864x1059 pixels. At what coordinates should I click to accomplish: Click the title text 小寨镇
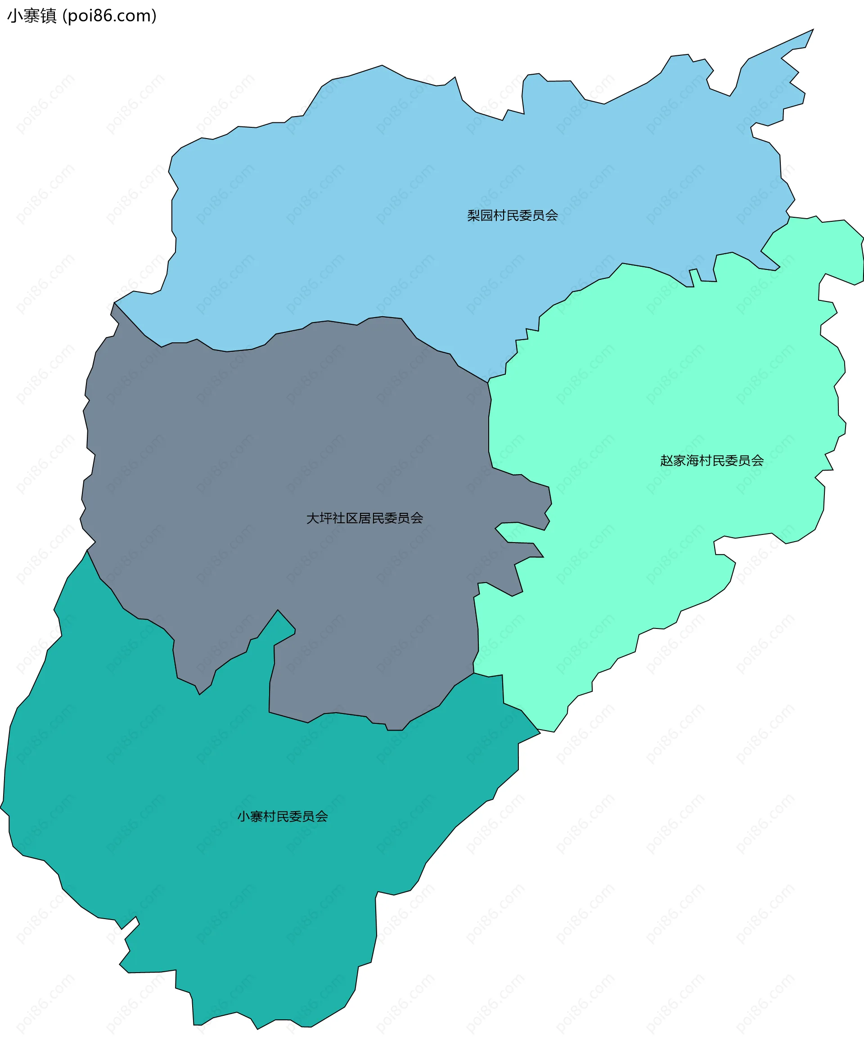pos(32,16)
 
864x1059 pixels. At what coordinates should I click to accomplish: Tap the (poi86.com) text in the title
pos(109,16)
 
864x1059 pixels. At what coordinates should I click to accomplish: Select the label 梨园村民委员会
pos(512,215)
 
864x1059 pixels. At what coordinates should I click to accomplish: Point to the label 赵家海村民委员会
pos(712,461)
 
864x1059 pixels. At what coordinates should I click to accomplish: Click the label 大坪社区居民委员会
pos(364,518)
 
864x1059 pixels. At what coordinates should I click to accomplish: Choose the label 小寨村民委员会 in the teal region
pos(282,816)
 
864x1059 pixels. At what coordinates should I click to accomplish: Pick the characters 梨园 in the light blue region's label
pos(480,215)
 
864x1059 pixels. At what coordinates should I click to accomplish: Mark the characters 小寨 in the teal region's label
pos(250,816)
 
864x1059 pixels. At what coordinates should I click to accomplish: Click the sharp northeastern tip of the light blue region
pos(813,30)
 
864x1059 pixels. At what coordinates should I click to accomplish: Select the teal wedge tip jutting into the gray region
pos(278,610)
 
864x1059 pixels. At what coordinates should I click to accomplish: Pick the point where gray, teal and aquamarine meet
pos(473,673)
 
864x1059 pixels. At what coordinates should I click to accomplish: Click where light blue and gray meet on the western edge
pos(114,302)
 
